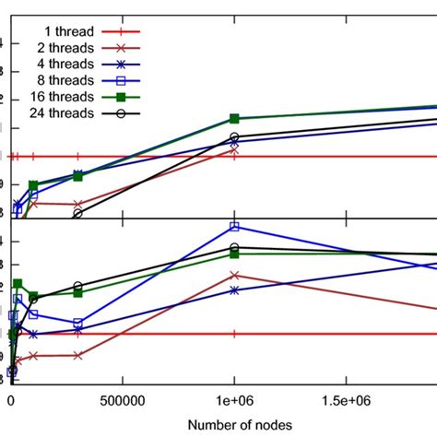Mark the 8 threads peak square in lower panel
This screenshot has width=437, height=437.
pos(234,226)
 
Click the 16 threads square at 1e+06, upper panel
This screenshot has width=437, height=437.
pos(234,119)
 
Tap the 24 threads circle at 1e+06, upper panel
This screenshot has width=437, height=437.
pos(234,136)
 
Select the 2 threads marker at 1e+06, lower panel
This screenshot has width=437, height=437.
pos(234,275)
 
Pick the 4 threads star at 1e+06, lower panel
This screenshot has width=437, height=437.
pos(234,289)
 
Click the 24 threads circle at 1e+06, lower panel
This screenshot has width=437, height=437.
pos(234,247)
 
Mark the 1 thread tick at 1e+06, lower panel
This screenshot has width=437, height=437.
pos(234,334)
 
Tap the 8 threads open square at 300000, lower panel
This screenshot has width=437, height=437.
pos(77,324)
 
